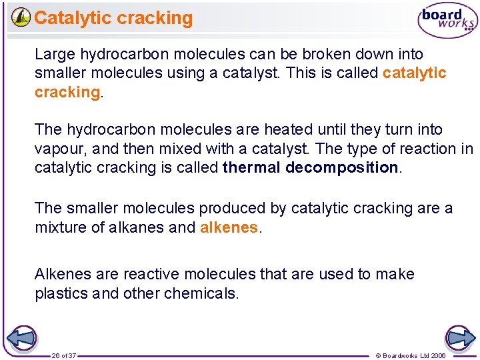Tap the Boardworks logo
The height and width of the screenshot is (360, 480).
pos(447,21)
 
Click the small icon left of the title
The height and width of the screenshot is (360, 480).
pos(21,17)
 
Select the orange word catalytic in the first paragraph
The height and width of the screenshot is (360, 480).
pos(414,73)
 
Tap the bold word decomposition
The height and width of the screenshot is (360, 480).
pos(341,167)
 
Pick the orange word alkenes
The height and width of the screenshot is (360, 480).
pos(229,227)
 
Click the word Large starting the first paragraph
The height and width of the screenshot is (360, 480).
pos(55,54)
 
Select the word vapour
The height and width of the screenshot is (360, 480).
pos(57,149)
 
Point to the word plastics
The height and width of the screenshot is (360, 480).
pos(60,293)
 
